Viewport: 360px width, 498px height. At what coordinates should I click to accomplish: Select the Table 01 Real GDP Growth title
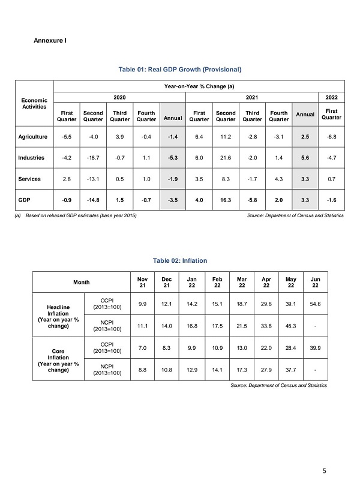coord(180,70)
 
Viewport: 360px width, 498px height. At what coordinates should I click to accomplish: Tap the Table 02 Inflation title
coord(180,260)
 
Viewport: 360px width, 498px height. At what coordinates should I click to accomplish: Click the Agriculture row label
coord(34,137)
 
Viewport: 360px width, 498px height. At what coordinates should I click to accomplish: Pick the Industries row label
coord(34,158)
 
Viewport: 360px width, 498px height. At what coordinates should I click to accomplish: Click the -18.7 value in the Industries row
coord(93,158)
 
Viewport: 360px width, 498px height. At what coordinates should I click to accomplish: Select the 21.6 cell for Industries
coord(226,158)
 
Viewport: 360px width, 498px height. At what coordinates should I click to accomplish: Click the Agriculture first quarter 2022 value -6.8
coord(332,137)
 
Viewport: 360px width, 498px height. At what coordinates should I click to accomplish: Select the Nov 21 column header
coord(143,281)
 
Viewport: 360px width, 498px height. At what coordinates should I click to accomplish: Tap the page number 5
coord(324,471)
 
